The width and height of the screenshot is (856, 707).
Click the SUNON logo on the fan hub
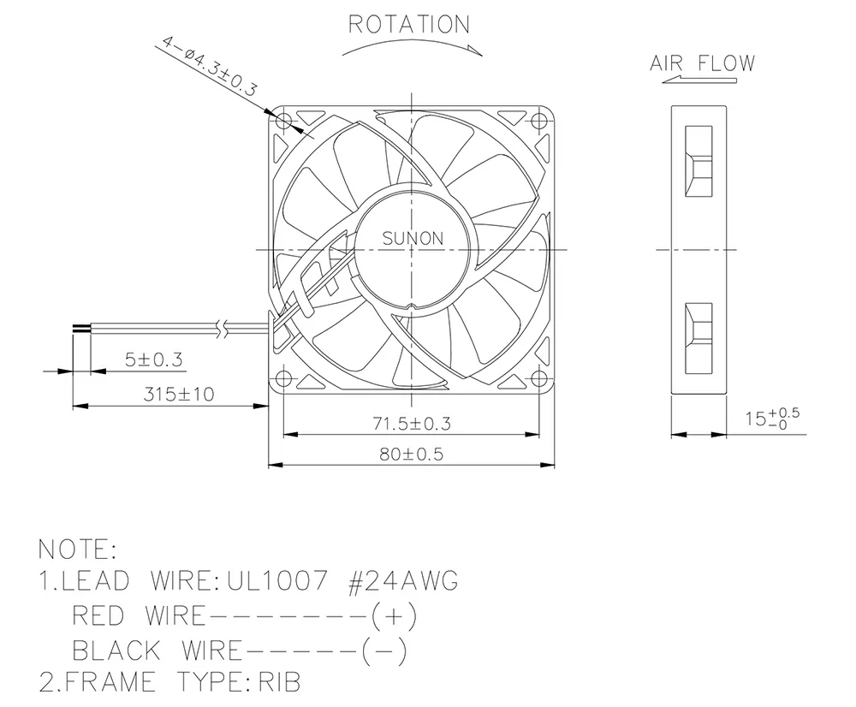(413, 239)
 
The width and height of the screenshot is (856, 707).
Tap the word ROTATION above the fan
(408, 25)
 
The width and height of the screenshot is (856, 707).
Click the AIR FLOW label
(702, 63)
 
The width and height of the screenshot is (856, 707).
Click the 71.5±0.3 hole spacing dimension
(412, 423)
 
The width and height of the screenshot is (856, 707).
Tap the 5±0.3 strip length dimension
(154, 359)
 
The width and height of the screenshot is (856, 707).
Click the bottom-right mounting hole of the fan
(538, 378)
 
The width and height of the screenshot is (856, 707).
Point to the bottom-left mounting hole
(284, 378)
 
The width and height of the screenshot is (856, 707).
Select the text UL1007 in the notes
(276, 582)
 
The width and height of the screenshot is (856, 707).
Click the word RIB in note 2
(278, 682)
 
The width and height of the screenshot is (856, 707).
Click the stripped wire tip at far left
(79, 326)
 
